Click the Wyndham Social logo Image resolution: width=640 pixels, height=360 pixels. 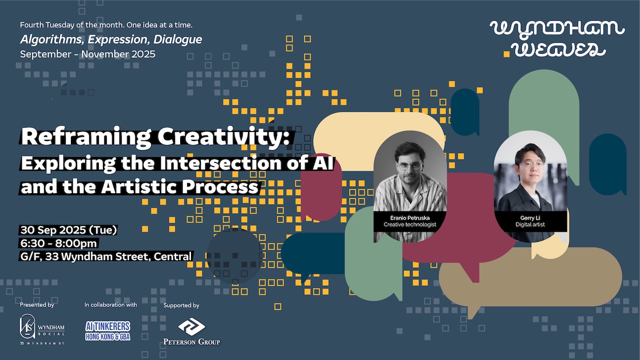[42, 330]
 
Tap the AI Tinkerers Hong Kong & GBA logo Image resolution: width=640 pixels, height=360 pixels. [108, 330]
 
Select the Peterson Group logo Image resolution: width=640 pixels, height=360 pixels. [192, 332]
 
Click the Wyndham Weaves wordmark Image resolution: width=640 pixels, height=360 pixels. [557, 38]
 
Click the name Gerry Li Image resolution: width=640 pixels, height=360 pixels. [530, 217]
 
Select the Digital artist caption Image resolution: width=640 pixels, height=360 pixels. [530, 225]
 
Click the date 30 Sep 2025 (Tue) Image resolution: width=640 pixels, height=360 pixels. [68, 230]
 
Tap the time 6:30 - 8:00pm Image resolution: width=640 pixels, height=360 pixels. [59, 243]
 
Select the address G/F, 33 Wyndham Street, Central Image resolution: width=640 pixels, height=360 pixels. [106, 256]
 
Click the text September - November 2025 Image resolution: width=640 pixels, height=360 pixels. [88, 54]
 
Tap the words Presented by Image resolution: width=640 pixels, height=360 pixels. [37, 305]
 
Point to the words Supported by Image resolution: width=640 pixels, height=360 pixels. [181, 305]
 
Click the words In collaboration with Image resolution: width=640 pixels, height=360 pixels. [111, 305]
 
